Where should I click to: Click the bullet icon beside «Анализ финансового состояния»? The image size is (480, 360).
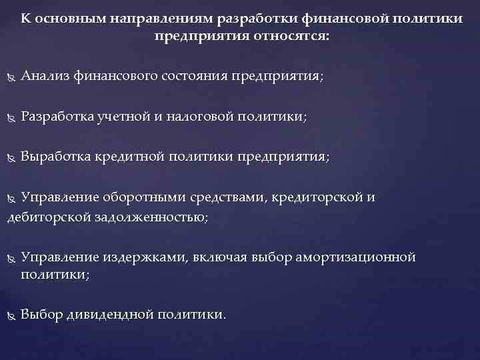[x=10, y=78]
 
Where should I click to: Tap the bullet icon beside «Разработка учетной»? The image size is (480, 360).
[x=10, y=118]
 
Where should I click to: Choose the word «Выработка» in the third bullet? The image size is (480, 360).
[x=55, y=157]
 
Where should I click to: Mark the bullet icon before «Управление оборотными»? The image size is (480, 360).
[x=10, y=198]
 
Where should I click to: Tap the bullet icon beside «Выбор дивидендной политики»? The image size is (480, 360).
[x=10, y=315]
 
